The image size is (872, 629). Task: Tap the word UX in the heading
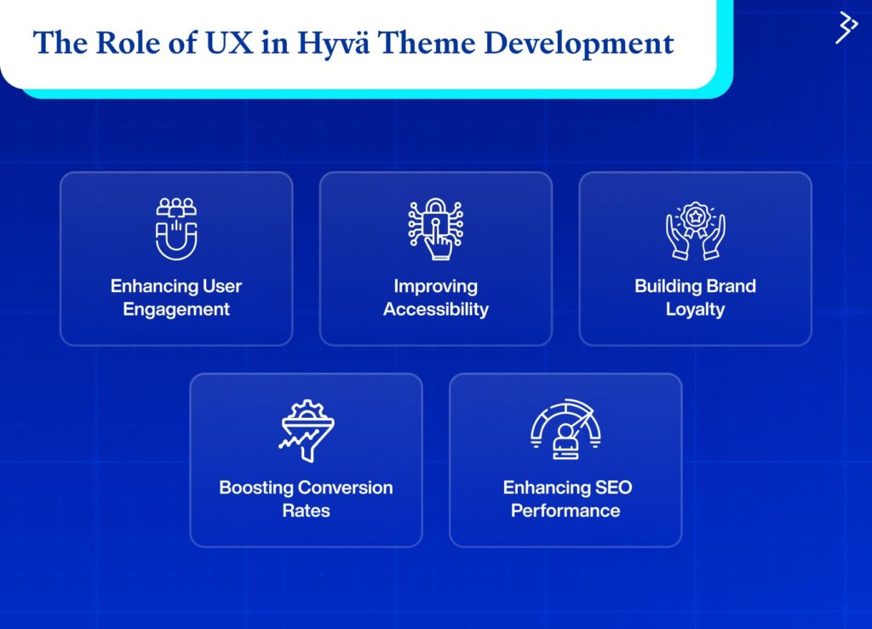pyautogui.click(x=229, y=43)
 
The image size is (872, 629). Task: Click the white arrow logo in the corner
pyautogui.click(x=846, y=27)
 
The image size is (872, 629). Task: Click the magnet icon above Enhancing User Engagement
pyautogui.click(x=176, y=229)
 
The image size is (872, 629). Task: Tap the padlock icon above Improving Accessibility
pyautogui.click(x=436, y=229)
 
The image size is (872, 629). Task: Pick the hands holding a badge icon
pyautogui.click(x=695, y=231)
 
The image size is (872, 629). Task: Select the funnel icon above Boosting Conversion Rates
pyautogui.click(x=307, y=431)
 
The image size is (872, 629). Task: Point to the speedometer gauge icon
pyautogui.click(x=565, y=429)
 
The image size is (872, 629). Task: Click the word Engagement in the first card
pyautogui.click(x=176, y=310)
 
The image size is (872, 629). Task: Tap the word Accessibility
pyautogui.click(x=436, y=310)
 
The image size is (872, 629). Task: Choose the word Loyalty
pyautogui.click(x=695, y=310)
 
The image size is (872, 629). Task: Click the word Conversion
pyautogui.click(x=347, y=488)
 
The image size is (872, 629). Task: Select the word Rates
pyautogui.click(x=307, y=511)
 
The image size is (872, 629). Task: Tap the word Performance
pyautogui.click(x=565, y=511)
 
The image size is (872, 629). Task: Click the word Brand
pyautogui.click(x=730, y=286)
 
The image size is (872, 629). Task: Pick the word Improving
pyautogui.click(x=436, y=287)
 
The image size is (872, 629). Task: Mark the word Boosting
pyautogui.click(x=257, y=488)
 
